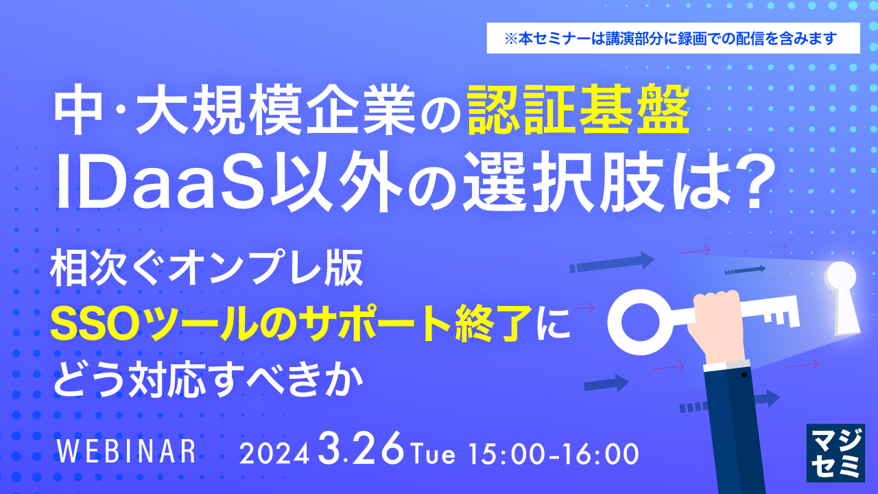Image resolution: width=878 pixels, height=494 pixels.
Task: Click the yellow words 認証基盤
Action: [x=578, y=113]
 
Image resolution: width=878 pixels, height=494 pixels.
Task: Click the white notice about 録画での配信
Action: [x=673, y=38]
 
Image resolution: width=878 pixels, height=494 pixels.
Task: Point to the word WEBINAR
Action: [x=128, y=452]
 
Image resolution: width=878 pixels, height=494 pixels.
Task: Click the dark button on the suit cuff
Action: [x=743, y=377]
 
